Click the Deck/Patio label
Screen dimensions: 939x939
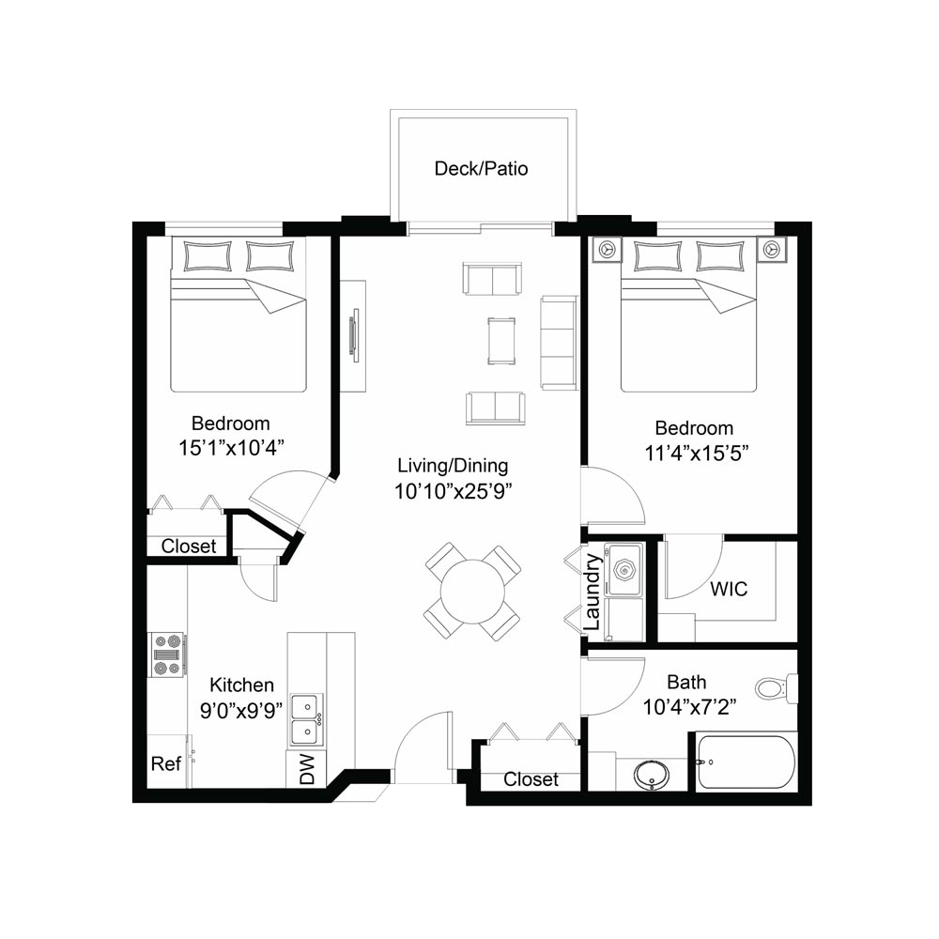(x=481, y=169)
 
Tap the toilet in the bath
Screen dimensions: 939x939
(x=777, y=688)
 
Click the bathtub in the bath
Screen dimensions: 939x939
(x=746, y=762)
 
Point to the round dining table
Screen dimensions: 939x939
(x=472, y=591)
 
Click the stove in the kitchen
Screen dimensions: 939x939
(x=167, y=654)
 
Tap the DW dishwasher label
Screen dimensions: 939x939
(x=307, y=770)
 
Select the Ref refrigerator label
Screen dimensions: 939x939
(x=166, y=763)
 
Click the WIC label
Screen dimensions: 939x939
(x=729, y=589)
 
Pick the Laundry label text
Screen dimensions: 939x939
(x=592, y=591)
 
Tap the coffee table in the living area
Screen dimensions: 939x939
(x=500, y=341)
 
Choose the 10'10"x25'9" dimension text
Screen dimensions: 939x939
(x=453, y=492)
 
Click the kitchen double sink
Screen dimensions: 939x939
(x=307, y=718)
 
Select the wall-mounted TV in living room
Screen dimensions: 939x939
(x=356, y=335)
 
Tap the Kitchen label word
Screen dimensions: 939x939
(x=241, y=685)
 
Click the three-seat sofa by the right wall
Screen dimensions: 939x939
(x=559, y=343)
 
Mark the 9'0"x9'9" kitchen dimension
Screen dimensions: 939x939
(x=240, y=710)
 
